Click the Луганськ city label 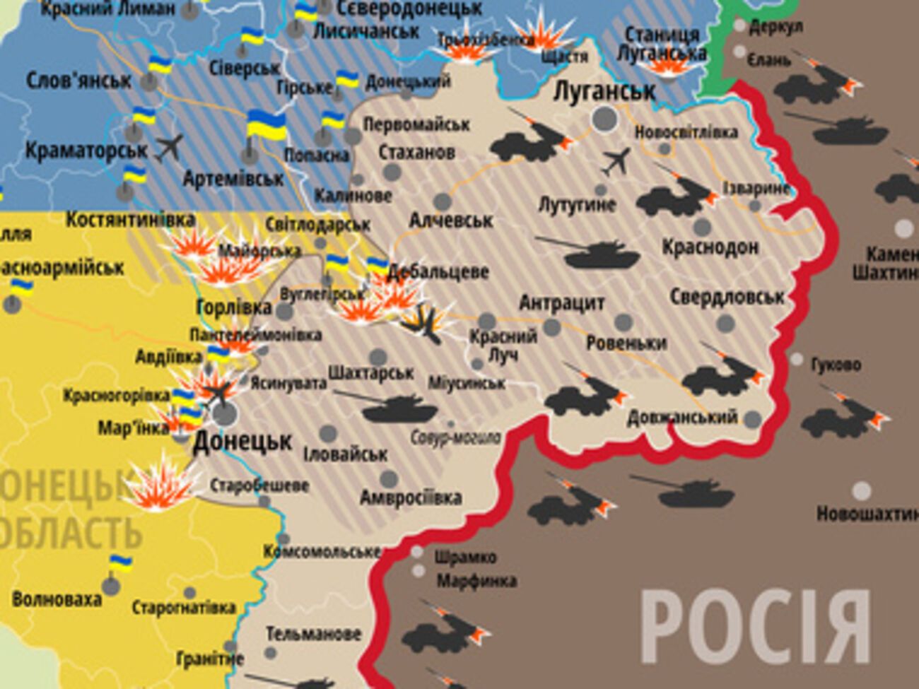coord(604,91)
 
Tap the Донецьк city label coord(242,442)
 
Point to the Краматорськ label coord(86,151)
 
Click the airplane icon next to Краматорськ coord(169,147)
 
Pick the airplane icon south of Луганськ coord(616,162)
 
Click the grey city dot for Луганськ coord(604,119)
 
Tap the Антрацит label coord(562,303)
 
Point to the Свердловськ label coord(727,297)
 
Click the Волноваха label coord(57,600)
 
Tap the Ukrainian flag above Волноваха coord(120,563)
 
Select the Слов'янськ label coord(78,81)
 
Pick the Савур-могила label coord(455,437)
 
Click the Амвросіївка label coord(411,497)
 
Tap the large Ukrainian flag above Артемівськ coord(266,125)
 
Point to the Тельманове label coord(313,634)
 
